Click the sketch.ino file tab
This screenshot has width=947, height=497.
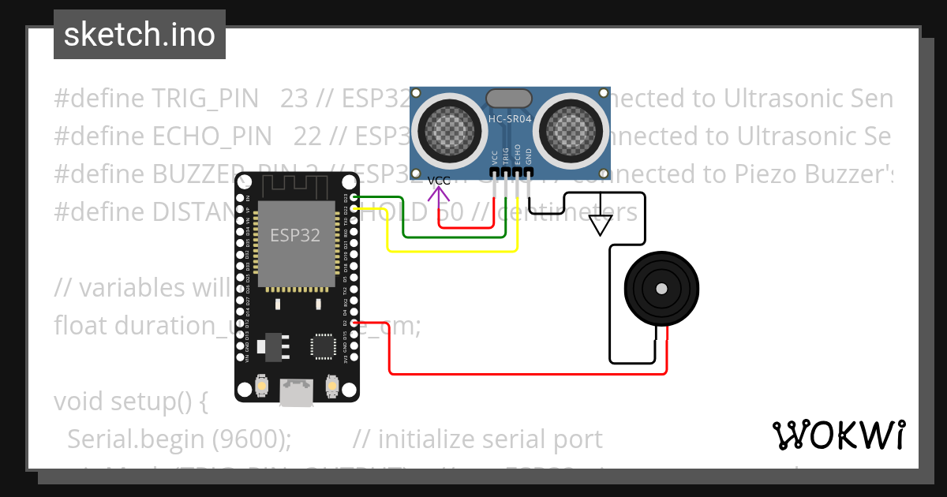(140, 35)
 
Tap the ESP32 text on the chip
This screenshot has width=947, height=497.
(295, 235)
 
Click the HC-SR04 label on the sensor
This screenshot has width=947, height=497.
(510, 119)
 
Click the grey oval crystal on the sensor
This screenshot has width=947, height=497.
(509, 98)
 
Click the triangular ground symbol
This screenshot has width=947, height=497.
(601, 225)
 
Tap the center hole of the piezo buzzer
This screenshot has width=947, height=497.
(661, 290)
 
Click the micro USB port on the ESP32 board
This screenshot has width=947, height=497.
(295, 392)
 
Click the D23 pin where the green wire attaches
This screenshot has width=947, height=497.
(354, 196)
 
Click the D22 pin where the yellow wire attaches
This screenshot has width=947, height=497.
(354, 207)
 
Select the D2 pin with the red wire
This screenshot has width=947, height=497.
(354, 323)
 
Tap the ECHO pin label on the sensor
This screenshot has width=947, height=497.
(518, 153)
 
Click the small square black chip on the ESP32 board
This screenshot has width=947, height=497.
(323, 346)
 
